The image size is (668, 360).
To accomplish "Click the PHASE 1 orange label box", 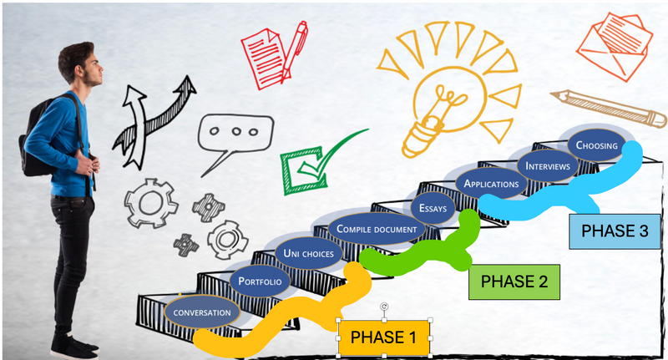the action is [382, 337].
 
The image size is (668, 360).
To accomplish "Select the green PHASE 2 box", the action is [514, 281].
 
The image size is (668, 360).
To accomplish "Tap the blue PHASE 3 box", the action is [614, 231].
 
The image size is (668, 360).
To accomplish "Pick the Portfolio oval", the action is [260, 281].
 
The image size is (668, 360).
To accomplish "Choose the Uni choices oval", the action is [308, 253].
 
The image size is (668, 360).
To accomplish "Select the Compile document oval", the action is [376, 229].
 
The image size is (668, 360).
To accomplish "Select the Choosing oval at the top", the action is [596, 145].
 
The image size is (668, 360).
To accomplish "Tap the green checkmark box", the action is [310, 162].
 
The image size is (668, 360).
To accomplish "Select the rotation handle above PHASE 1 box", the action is [384, 307].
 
